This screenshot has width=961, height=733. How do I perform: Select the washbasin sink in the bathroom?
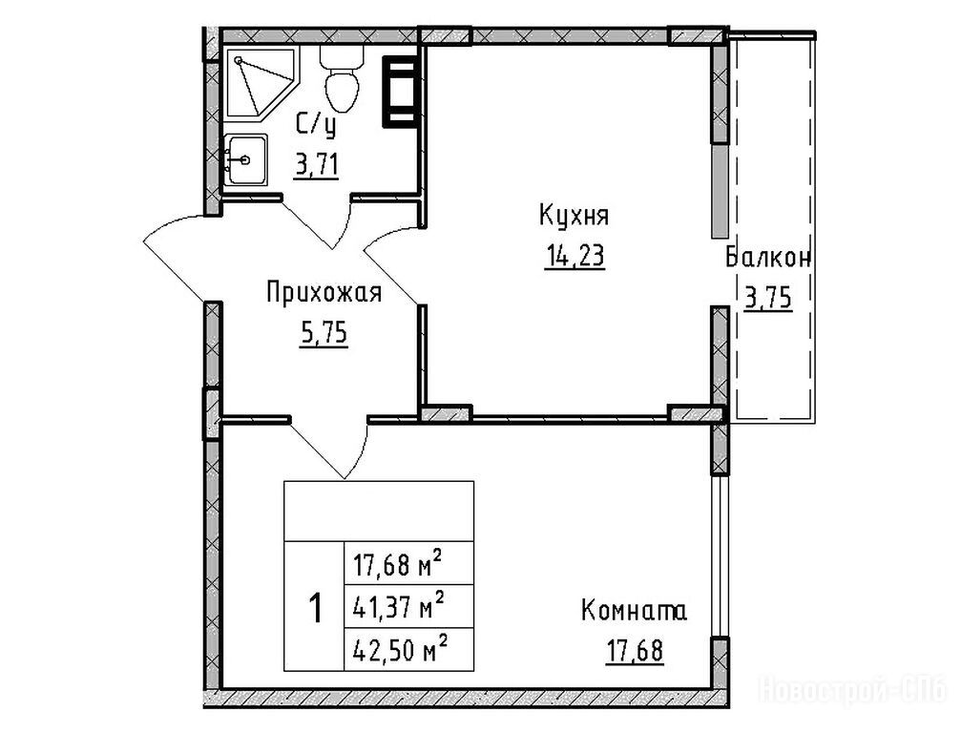click(246, 160)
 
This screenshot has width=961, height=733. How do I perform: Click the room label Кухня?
click(574, 217)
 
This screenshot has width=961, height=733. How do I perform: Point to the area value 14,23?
click(575, 256)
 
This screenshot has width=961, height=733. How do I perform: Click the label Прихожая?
click(324, 293)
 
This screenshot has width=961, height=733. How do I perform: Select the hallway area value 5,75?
click(324, 334)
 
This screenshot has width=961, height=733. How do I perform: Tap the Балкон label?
click(768, 258)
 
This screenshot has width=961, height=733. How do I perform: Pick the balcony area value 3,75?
click(768, 299)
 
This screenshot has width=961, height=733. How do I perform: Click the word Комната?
click(634, 611)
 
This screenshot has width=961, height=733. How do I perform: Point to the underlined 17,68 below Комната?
click(635, 651)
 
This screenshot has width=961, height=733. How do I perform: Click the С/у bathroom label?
click(316, 126)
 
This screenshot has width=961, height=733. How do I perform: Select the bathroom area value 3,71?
click(316, 165)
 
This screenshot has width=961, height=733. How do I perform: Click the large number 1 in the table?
click(316, 608)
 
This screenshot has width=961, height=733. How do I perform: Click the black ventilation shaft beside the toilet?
click(401, 92)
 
